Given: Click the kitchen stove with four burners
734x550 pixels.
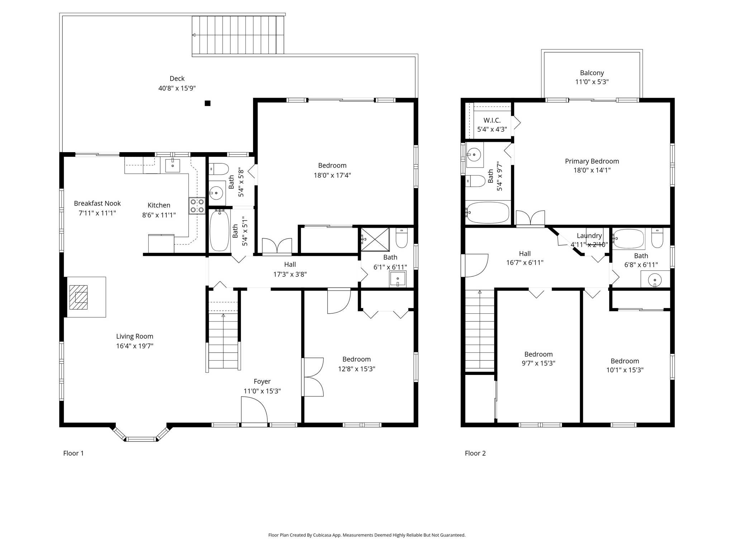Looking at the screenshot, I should pos(197,206).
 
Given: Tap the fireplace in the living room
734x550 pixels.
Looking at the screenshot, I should pos(78,297).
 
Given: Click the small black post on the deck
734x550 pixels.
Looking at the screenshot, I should pos(208,103).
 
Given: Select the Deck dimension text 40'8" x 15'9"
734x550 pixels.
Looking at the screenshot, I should pos(177,88).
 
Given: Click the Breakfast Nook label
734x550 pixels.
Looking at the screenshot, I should pos(97,203).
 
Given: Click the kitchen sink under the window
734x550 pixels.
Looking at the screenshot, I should pos(172,165).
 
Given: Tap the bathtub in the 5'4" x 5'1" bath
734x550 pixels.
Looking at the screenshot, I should pos(219,231).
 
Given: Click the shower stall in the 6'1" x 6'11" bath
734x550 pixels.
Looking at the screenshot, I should pos(375,239).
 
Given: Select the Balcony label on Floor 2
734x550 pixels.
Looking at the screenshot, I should pos(592,73).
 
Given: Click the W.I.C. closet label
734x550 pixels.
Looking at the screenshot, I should pos(492,120).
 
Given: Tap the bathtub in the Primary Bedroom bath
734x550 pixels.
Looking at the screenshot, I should pos(487,212).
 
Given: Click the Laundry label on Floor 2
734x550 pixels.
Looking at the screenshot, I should pos(589,236).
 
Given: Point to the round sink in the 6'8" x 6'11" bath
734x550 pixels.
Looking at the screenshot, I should pos(655,280).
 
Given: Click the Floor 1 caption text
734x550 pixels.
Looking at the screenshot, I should pos(73,453).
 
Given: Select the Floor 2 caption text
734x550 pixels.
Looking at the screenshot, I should pos(475,453).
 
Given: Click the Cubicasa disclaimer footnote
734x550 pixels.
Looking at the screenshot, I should pos(367,535).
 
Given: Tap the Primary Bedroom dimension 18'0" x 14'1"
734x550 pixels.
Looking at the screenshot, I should pos(592,170).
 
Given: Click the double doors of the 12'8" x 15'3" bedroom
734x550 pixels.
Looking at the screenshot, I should pos(313,377).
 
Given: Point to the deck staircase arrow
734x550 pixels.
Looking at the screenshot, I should pos(194,35).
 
